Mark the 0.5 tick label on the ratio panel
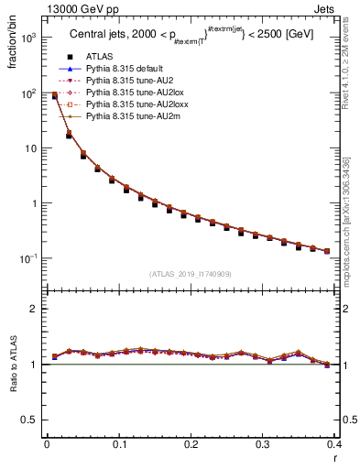tap(29, 420)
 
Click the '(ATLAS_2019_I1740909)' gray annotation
tap(191, 274)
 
